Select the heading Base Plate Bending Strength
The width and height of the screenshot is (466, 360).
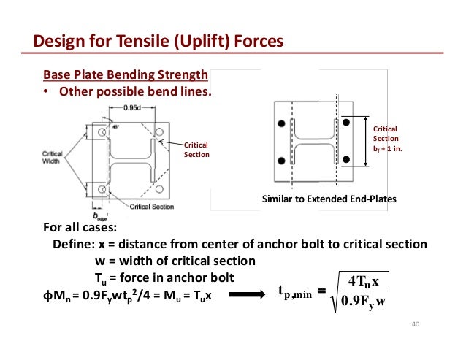[126, 74]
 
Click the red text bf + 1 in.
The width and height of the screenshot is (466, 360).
[387, 148]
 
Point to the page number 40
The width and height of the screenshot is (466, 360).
[417, 324]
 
